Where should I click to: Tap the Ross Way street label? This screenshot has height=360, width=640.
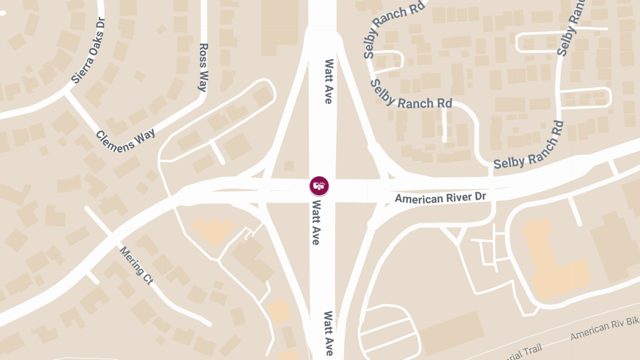tap(203, 68)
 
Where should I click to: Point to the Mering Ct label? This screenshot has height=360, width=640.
tap(135, 265)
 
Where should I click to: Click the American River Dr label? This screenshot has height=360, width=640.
tap(441, 198)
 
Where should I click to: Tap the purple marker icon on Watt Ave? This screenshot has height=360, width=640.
tap(319, 186)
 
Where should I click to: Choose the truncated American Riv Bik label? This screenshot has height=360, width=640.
tap(605, 330)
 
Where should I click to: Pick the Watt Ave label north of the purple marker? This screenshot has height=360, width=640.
tap(329, 82)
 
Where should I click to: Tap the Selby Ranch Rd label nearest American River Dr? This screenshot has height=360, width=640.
tap(529, 145)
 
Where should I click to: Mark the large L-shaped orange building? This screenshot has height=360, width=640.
tap(555, 261)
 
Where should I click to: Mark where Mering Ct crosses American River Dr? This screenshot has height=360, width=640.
tap(113, 234)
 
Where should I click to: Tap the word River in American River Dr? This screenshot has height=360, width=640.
tap(452, 197)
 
